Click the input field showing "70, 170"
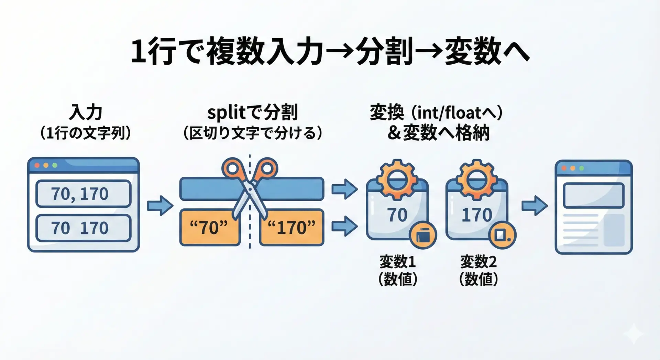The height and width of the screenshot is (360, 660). (83, 194)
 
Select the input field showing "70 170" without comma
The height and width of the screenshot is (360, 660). (83, 228)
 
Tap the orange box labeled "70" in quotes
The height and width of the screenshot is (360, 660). (210, 227)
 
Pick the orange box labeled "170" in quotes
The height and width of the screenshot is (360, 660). (291, 227)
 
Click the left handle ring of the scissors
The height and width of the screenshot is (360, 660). (232, 168)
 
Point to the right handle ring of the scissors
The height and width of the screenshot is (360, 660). (267, 168)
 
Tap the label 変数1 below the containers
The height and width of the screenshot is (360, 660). (397, 262)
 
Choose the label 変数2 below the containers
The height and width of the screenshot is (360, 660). (478, 262)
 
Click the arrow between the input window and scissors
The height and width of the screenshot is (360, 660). (160, 206)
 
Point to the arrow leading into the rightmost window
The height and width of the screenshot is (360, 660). (535, 206)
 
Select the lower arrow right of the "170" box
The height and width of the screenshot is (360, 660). (344, 226)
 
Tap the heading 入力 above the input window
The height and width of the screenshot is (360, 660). (86, 112)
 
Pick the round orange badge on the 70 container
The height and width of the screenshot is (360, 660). (422, 236)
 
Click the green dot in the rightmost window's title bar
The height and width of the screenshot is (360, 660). (582, 168)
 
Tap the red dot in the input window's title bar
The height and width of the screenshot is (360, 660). (37, 165)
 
